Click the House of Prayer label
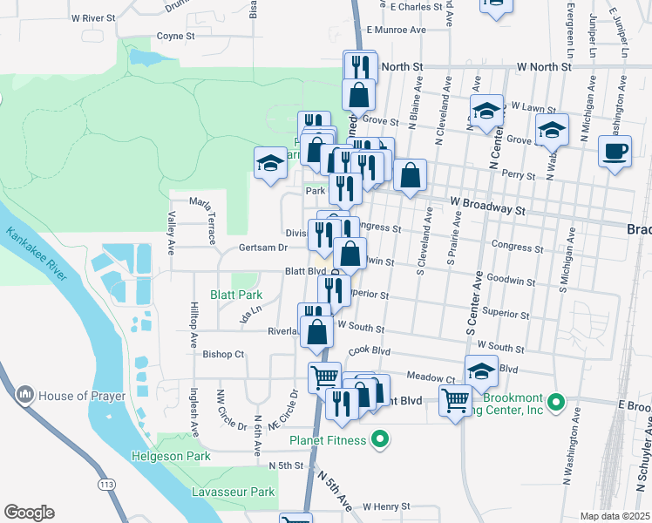76,396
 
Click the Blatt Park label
236,295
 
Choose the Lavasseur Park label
234,492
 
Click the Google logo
29,513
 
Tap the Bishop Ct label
223,354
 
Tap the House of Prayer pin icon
24,396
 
